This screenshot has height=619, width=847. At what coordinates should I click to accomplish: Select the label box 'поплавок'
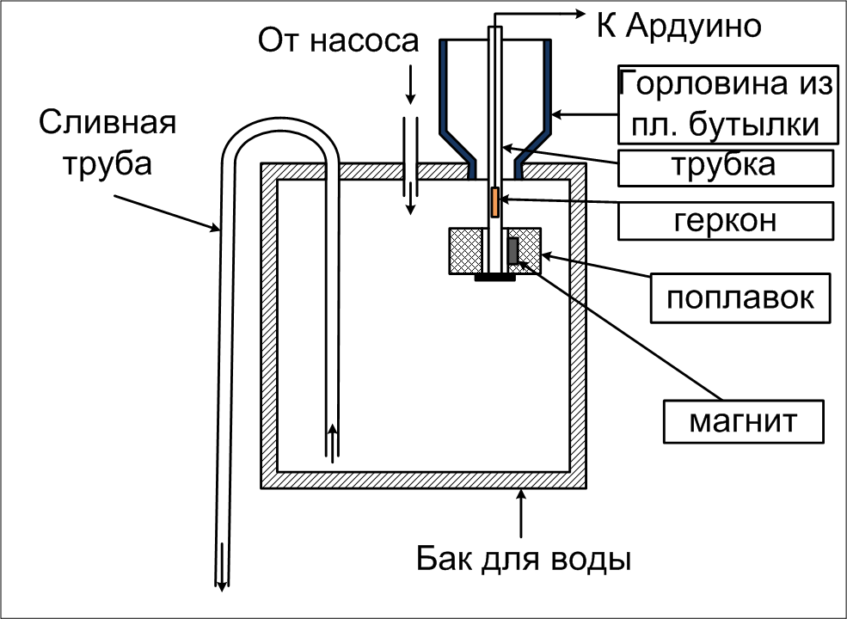pos(740,297)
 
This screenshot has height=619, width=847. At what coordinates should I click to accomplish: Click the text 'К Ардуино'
pos(679,25)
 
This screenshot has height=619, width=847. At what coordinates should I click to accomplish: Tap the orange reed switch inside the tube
pos(494,203)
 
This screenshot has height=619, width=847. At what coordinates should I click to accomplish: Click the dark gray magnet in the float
pos(513,251)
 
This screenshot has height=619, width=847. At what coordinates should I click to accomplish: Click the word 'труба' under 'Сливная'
pos(107,162)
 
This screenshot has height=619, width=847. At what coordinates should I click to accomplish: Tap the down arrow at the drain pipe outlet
pos(221,567)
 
